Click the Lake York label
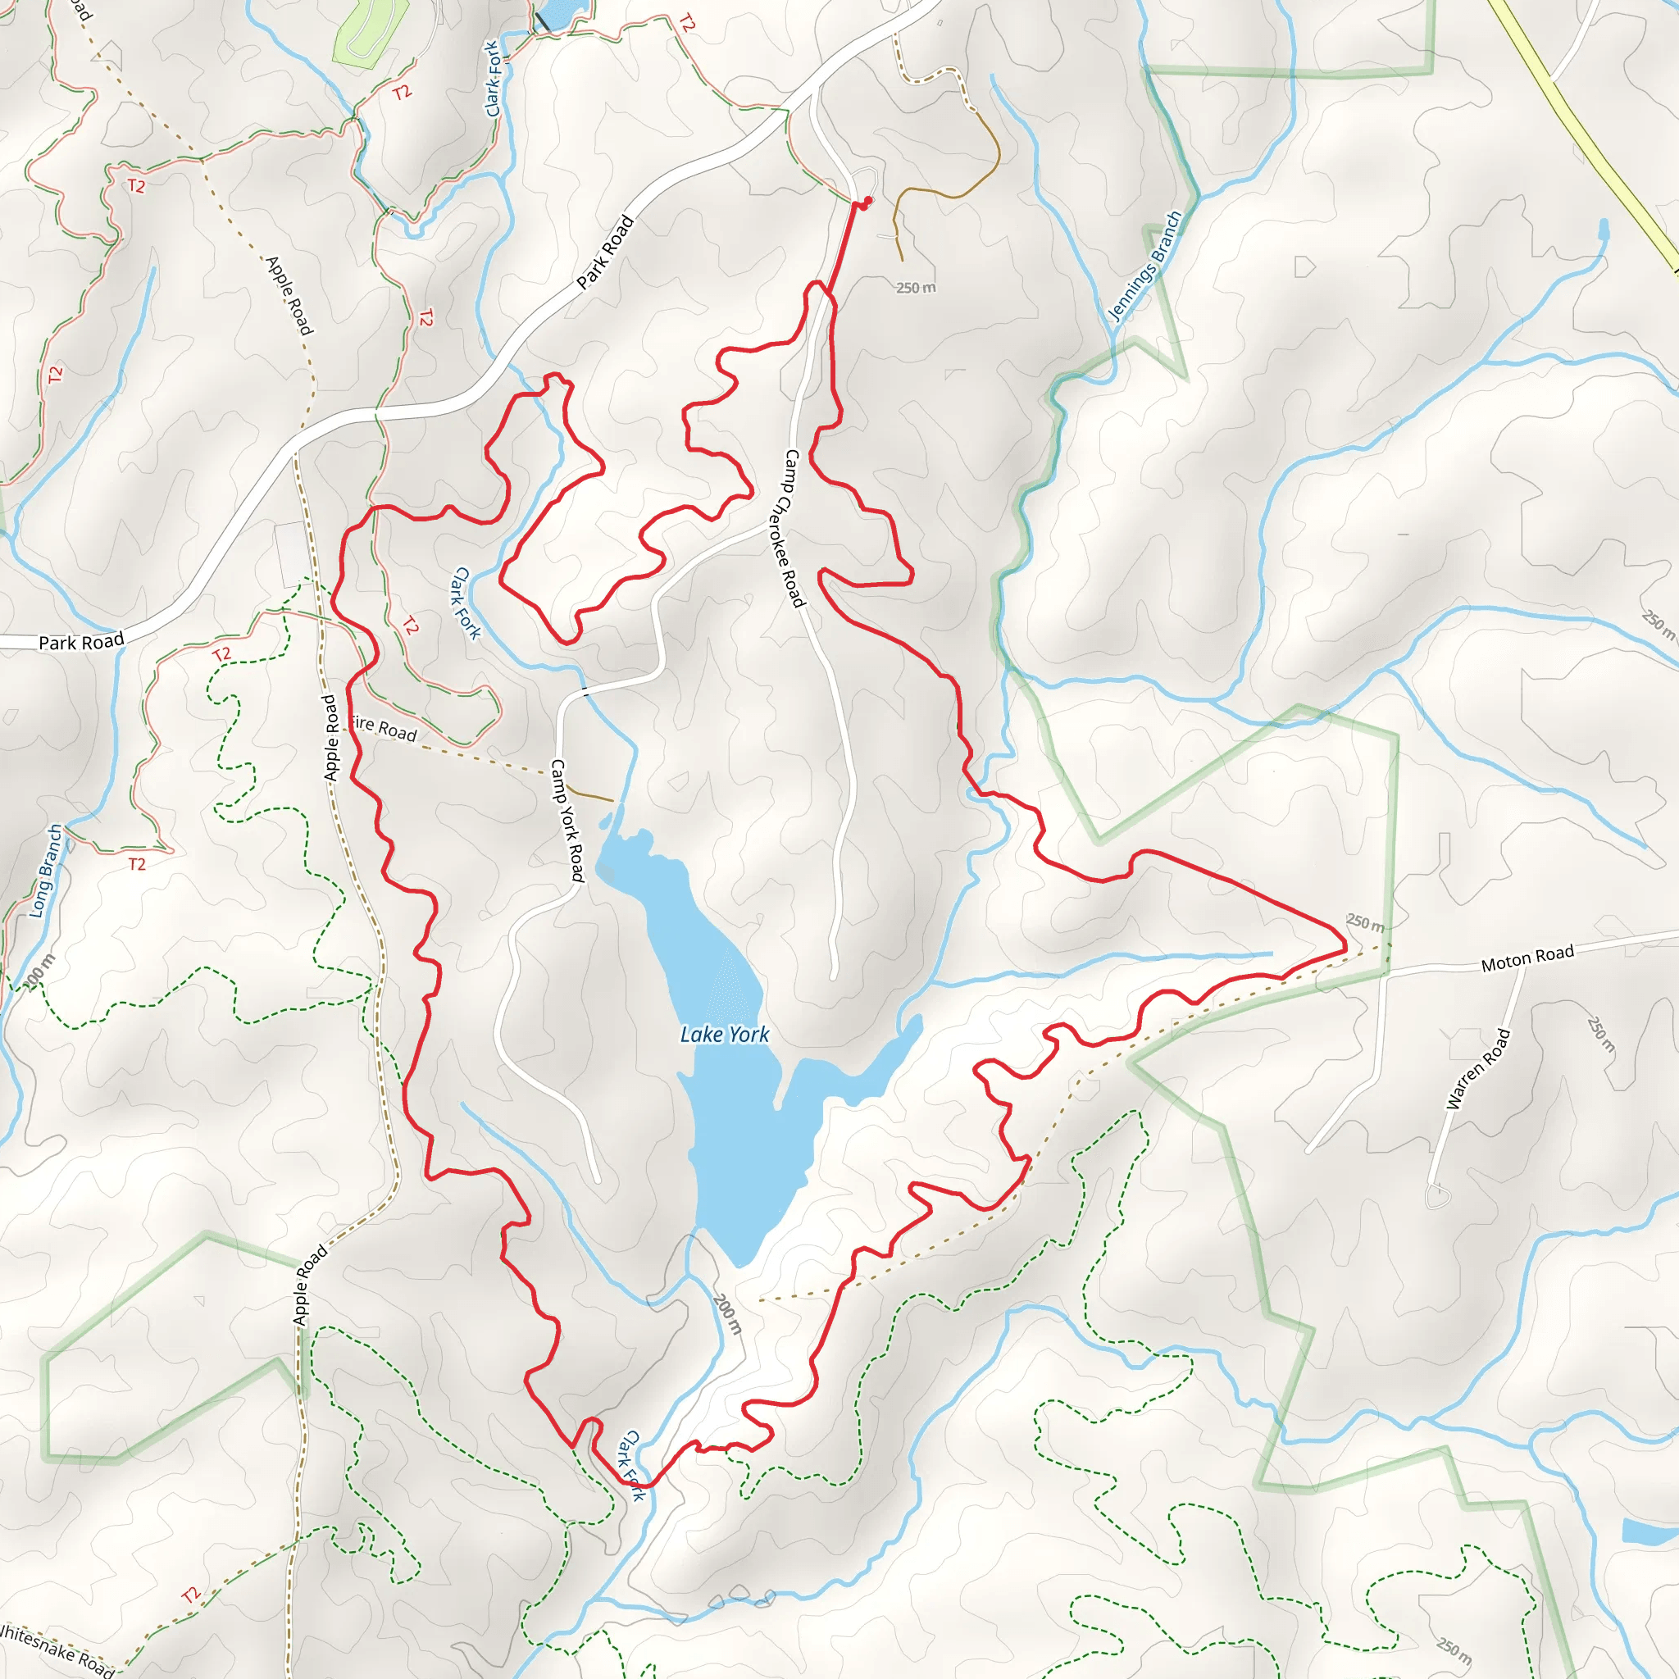724,1034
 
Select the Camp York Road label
566,821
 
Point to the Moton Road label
1527,958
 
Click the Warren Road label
1477,1069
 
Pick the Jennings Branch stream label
1146,266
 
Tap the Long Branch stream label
46,871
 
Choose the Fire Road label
385,728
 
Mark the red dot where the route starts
867,201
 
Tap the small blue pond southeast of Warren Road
1649,1531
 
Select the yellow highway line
1581,130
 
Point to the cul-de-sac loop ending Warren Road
1437,1197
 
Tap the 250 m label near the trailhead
916,288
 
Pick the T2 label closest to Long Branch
136,864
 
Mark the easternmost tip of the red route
1345,944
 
